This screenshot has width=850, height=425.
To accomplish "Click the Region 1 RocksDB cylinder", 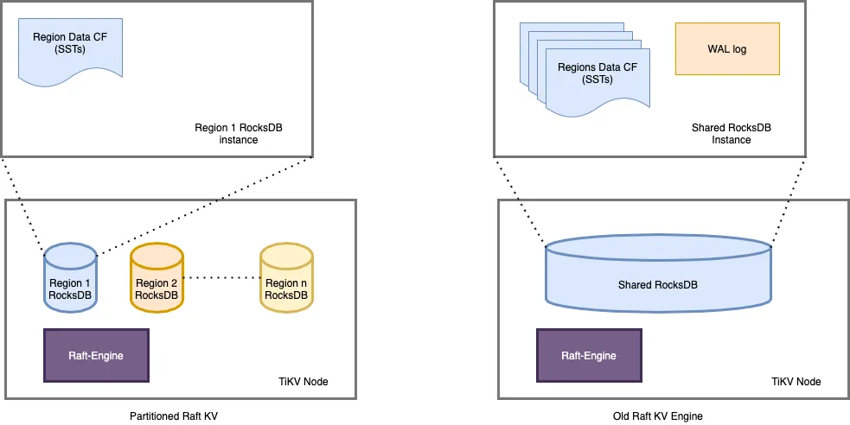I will point(69,277).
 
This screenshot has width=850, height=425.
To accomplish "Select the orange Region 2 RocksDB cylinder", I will point(157,277).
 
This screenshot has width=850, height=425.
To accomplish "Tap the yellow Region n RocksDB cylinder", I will point(286,277).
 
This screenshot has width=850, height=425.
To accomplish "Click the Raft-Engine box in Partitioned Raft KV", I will point(96,355).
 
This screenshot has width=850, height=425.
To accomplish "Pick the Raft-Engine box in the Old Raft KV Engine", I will point(589,355).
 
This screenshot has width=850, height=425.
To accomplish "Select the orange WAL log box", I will point(727,49).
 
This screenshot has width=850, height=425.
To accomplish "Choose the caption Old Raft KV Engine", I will point(657,416).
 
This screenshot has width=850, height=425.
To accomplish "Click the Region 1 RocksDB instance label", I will point(239,133).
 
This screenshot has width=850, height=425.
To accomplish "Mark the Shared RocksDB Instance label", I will point(731,133).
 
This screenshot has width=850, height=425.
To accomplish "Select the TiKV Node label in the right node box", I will point(796,381).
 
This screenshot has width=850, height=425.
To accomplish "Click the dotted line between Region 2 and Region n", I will point(221,277).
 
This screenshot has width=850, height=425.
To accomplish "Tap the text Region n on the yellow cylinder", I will point(285,283).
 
